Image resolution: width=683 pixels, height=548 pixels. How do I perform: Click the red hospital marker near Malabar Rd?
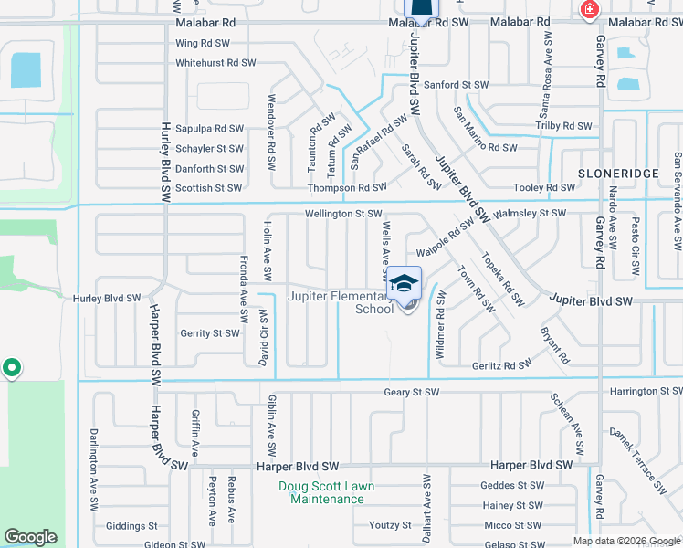[x=590, y=10]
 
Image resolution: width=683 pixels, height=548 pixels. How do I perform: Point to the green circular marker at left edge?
[x=11, y=368]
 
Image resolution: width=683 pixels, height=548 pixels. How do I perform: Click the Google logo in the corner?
[x=30, y=537]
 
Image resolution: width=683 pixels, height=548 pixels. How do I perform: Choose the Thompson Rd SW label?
[x=346, y=187]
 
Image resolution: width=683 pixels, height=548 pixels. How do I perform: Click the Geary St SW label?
[x=411, y=392]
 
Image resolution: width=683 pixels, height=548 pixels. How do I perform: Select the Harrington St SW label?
[x=645, y=391]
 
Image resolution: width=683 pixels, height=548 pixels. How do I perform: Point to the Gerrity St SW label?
[x=209, y=333]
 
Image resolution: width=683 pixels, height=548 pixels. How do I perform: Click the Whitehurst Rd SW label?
[x=215, y=63]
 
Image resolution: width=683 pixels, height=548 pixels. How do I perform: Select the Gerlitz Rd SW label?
[x=501, y=364]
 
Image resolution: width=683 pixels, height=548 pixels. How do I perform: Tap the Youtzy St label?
[x=381, y=525]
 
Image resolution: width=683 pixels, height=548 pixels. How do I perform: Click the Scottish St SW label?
[x=208, y=188]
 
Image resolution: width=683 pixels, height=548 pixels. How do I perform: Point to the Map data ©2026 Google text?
[x=625, y=541]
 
